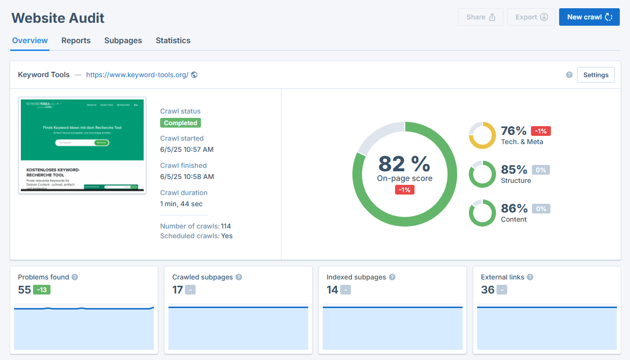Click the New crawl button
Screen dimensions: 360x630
pos(589,17)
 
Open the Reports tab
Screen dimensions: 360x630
pos(76,41)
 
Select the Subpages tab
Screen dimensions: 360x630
pos(123,41)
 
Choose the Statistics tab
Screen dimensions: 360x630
pos(173,41)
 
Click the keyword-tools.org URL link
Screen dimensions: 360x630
pos(137,75)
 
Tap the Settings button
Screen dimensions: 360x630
pos(596,75)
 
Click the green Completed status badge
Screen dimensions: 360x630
pos(181,123)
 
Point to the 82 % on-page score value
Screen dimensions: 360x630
pos(404,164)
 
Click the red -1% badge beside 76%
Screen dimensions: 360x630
pos(541,131)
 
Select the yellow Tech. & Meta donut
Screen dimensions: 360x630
pos(482,135)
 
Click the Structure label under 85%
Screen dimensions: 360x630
pos(515,180)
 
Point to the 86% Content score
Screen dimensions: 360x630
pos(514,209)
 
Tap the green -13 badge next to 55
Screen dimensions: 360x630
pos(42,290)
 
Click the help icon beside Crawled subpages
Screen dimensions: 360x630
pos(239,277)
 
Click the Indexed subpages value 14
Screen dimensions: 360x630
pos(332,290)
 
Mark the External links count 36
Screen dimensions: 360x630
pos(488,290)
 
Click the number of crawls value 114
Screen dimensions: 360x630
pos(226,226)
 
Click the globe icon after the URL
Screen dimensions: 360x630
pos(194,75)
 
